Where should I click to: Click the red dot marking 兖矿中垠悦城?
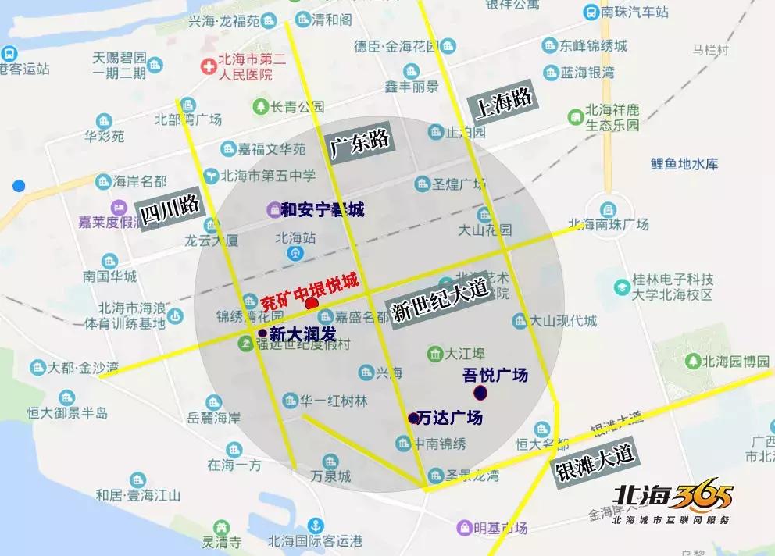tap(312, 303)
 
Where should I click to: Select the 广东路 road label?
tap(359, 141)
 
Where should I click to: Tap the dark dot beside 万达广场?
tap(413, 419)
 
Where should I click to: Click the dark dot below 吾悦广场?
tap(480, 391)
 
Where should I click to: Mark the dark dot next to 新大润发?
tap(262, 333)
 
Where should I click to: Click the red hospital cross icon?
tap(209, 67)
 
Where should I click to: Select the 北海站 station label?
tap(295, 237)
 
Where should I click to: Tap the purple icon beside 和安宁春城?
tap(273, 209)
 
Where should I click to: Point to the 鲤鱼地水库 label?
tap(684, 164)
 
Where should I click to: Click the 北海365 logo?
tap(673, 500)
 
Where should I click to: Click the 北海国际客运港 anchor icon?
tap(316, 525)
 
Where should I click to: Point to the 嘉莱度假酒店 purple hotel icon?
tap(119, 208)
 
